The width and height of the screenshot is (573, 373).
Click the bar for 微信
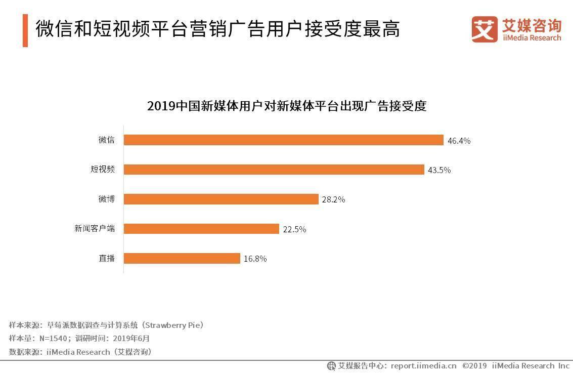[283, 140]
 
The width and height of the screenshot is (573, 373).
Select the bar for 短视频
[274, 170]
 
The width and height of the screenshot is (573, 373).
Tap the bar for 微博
[221, 199]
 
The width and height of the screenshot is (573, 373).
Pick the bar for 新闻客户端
[201, 229]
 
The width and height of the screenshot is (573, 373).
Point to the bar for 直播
[182, 258]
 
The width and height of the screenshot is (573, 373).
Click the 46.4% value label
[459, 141]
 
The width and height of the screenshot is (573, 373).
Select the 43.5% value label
[439, 170]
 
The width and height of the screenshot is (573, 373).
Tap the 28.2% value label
[333, 199]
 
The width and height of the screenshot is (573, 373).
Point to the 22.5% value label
[294, 229]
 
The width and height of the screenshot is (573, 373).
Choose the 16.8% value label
[255, 259]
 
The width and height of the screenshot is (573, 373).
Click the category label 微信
[107, 140]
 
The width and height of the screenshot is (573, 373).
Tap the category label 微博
[107, 199]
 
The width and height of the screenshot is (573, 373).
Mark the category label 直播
[107, 258]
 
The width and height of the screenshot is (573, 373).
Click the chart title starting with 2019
[287, 106]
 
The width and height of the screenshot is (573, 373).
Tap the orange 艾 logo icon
[484, 29]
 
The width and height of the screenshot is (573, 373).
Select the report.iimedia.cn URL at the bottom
[423, 365]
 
